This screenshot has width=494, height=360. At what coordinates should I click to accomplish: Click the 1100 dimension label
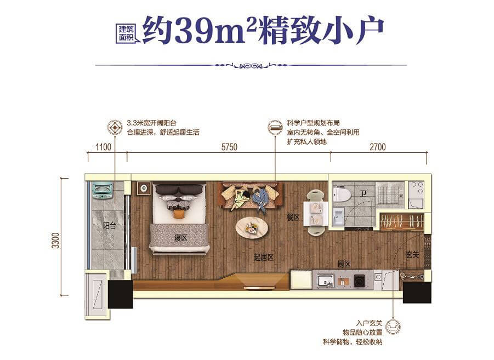click(103, 147)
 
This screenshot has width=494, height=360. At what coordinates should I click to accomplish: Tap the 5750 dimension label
click(229, 147)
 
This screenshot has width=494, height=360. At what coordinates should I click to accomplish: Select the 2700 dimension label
click(377, 147)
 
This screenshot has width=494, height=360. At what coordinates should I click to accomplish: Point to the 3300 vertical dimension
click(55, 241)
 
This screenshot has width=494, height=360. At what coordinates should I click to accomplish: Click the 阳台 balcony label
click(109, 226)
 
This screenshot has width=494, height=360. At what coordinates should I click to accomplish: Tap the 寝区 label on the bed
click(181, 238)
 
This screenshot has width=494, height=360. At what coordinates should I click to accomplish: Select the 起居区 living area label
click(264, 258)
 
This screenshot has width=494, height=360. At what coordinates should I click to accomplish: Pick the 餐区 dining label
click(293, 217)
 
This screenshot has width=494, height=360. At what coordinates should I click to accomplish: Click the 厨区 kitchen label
click(344, 264)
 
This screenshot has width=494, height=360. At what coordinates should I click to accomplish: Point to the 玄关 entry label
click(412, 254)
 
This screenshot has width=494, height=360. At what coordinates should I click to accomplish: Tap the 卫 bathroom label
click(364, 194)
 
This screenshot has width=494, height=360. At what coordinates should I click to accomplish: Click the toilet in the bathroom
click(342, 194)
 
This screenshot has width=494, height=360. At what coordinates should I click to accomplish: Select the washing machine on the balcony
click(102, 191)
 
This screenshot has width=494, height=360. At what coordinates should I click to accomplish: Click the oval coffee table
click(252, 226)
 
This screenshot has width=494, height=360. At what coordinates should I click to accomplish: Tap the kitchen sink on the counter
click(326, 280)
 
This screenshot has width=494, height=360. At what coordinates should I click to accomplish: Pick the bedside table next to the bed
click(144, 188)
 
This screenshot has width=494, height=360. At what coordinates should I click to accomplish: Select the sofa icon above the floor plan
click(275, 127)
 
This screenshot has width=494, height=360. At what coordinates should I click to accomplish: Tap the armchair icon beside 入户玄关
click(393, 326)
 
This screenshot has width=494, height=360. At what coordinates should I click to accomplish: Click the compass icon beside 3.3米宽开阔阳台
click(115, 128)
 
